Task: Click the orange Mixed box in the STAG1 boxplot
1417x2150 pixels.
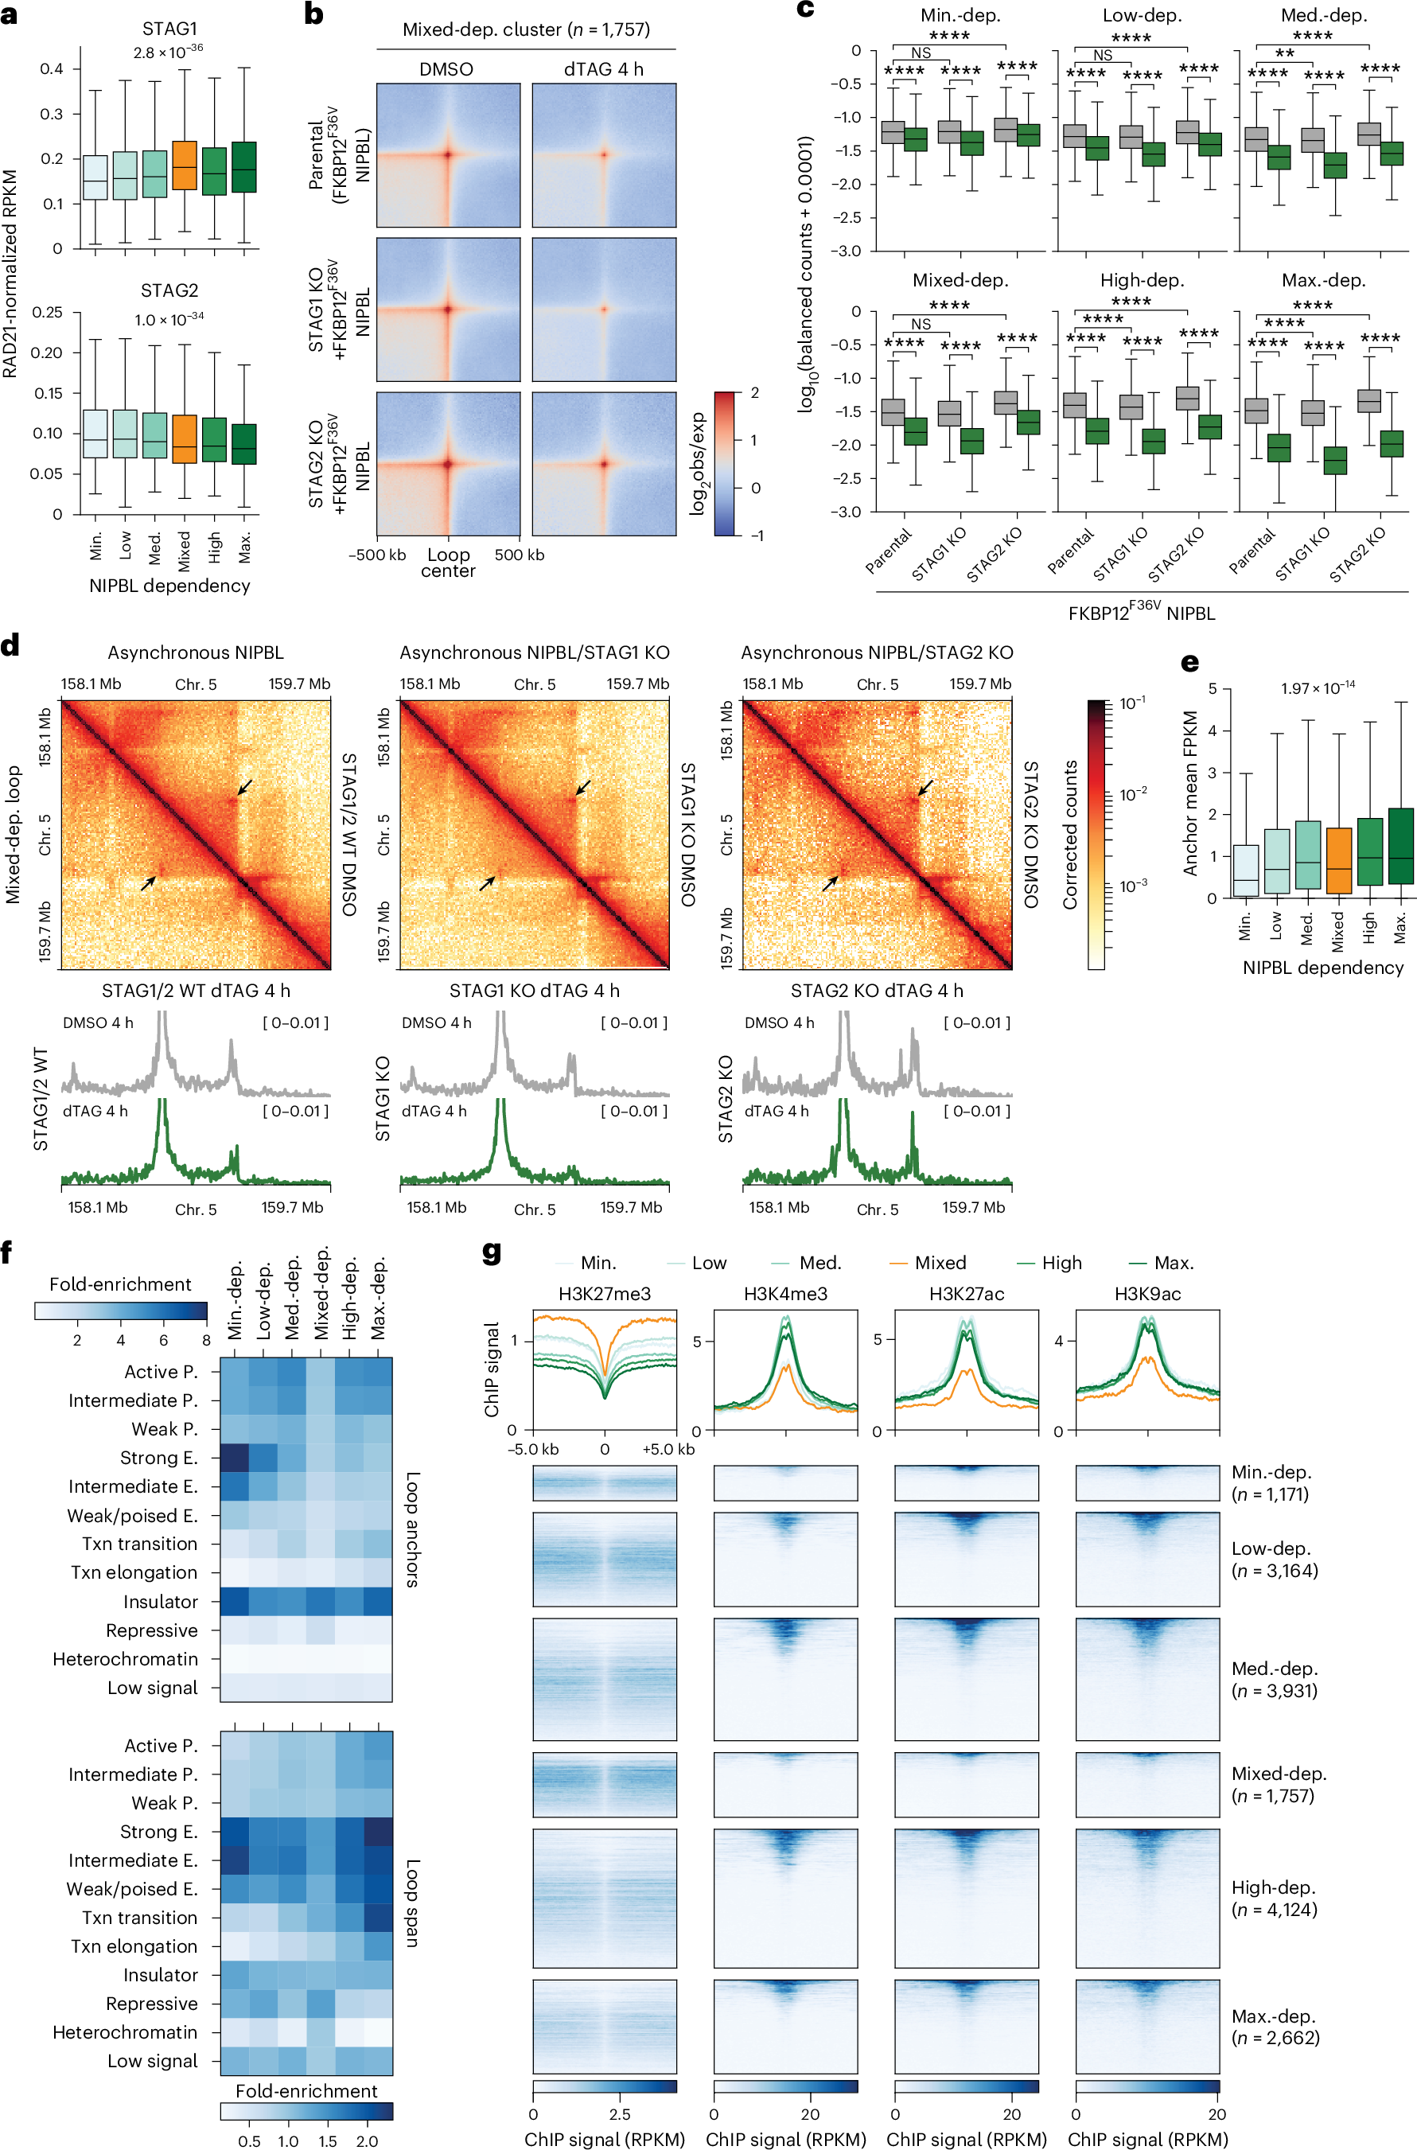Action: coord(185,166)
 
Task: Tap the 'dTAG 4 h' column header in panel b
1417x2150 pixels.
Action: coord(603,69)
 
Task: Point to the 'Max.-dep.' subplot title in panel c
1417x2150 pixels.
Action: coord(1323,280)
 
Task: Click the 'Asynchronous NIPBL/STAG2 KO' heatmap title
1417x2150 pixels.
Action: coord(877,652)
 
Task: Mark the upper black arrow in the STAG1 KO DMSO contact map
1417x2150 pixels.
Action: coord(584,787)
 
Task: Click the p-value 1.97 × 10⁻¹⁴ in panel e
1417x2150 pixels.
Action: coord(1317,687)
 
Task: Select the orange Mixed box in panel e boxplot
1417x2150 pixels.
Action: coord(1338,860)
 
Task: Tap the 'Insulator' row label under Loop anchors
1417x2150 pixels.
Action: coord(160,1602)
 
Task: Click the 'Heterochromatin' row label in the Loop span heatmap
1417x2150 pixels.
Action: coord(125,2031)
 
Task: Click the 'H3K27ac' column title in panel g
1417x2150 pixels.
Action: coord(966,1293)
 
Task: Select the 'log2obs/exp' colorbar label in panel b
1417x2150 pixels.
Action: coord(698,464)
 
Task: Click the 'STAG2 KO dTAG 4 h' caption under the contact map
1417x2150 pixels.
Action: coord(876,991)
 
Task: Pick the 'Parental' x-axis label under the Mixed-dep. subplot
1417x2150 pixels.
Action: coord(890,551)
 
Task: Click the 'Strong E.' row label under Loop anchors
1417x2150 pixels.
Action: coord(158,1458)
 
